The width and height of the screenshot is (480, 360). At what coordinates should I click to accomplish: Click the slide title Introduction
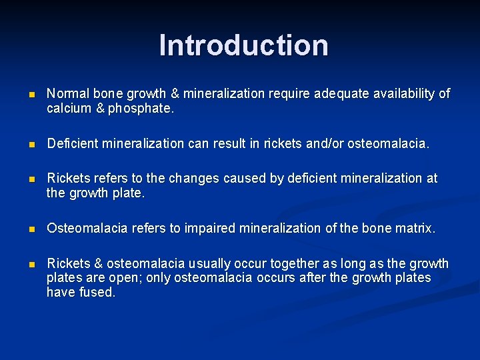pyautogui.click(x=243, y=45)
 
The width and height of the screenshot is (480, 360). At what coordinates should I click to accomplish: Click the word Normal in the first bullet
pyautogui.click(x=65, y=94)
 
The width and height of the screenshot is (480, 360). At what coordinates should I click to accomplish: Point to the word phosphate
pyautogui.click(x=141, y=108)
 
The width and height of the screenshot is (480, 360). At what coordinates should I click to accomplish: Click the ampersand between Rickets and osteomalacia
pyautogui.click(x=94, y=263)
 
